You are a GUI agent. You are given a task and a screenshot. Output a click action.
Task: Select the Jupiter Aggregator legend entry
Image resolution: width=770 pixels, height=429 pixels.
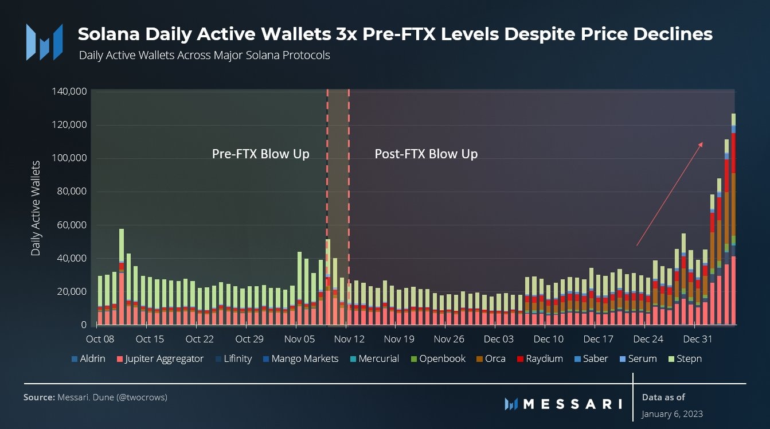pyautogui.click(x=161, y=359)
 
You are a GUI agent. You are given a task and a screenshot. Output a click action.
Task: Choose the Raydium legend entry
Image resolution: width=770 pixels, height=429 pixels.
pyautogui.click(x=538, y=359)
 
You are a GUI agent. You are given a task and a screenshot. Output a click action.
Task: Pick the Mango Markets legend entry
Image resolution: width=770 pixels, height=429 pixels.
pyautogui.click(x=300, y=359)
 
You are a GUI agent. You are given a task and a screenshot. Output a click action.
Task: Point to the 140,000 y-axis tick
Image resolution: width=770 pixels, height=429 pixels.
pyautogui.click(x=69, y=91)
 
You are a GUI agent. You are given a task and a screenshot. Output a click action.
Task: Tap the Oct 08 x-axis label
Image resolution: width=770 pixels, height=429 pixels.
pyautogui.click(x=100, y=339)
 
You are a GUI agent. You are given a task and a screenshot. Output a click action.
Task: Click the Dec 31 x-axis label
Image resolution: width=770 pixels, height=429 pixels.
pyautogui.click(x=698, y=339)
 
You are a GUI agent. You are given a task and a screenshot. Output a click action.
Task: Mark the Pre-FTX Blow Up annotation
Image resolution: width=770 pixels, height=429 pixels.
pyautogui.click(x=260, y=154)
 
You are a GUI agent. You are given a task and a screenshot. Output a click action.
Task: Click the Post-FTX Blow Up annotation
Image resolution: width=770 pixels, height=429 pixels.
pyautogui.click(x=426, y=154)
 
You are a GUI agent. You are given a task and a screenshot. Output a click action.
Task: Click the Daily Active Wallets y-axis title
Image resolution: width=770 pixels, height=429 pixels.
pyautogui.click(x=36, y=209)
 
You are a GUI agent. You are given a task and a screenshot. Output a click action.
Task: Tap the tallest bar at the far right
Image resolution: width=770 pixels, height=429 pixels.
pyautogui.click(x=733, y=218)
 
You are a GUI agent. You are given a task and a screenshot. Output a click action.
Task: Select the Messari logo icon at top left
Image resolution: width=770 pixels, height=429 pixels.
pyautogui.click(x=44, y=41)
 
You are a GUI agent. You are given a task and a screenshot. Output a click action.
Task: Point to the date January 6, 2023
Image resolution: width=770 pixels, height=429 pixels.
pyautogui.click(x=672, y=414)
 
